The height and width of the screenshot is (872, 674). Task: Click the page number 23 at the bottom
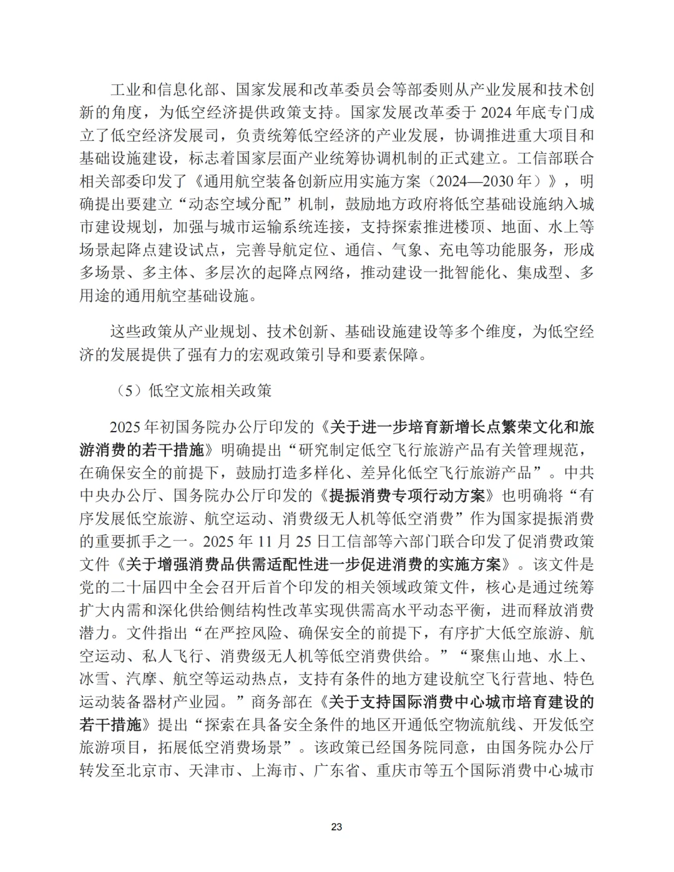tap(336, 827)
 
